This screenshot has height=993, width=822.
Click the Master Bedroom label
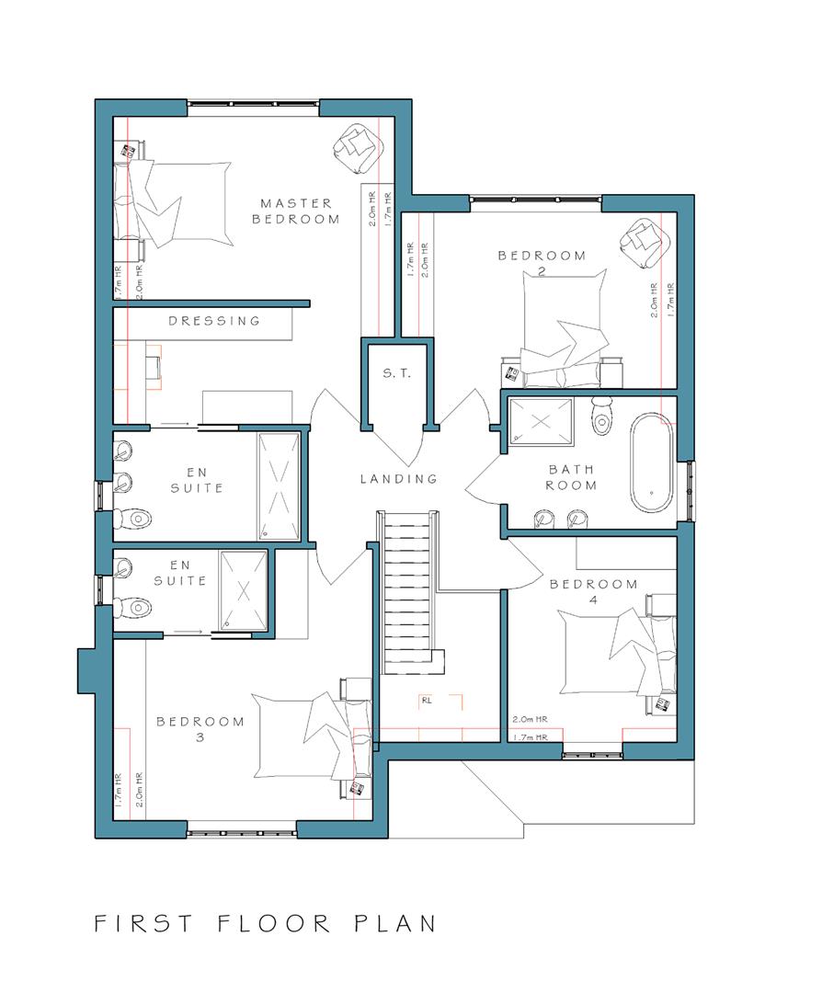click(296, 211)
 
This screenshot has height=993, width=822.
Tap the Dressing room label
click(214, 321)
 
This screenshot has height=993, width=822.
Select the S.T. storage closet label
click(397, 373)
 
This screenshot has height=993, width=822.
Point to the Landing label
click(399, 479)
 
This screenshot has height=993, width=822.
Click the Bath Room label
click(571, 477)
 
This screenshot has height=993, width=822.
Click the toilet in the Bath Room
click(600, 417)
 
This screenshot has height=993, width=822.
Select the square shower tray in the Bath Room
click(542, 420)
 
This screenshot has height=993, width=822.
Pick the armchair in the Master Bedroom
click(360, 147)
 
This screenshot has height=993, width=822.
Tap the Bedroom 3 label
click(200, 729)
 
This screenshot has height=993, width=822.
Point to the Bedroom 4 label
click(593, 591)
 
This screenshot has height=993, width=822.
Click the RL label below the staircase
click(427, 701)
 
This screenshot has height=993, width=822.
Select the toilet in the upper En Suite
click(134, 519)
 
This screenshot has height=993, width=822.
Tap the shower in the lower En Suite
click(243, 591)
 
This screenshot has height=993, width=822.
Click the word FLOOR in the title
click(274, 923)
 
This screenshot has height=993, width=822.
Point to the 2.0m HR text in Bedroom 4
click(530, 719)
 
